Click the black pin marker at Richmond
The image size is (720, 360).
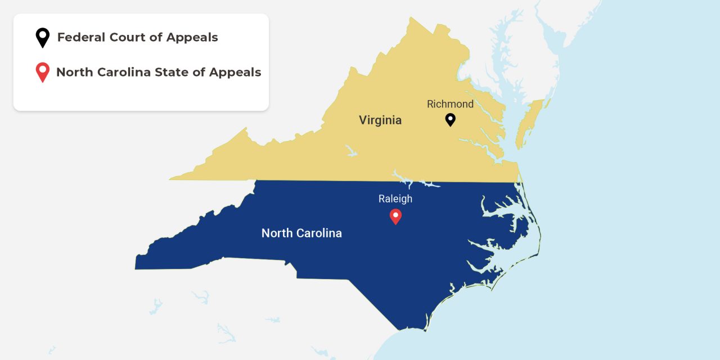pyautogui.click(x=450, y=119)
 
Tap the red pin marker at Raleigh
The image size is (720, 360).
pyautogui.click(x=395, y=216)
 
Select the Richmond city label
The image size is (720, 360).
pyautogui.click(x=450, y=104)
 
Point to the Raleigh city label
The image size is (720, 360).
pyautogui.click(x=395, y=199)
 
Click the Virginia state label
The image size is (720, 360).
pyautogui.click(x=380, y=120)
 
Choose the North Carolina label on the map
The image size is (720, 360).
pyautogui.click(x=301, y=233)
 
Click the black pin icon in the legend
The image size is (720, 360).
pyautogui.click(x=42, y=38)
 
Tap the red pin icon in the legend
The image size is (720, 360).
pyautogui.click(x=42, y=72)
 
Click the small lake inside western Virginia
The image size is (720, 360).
pyautogui.click(x=352, y=151)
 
